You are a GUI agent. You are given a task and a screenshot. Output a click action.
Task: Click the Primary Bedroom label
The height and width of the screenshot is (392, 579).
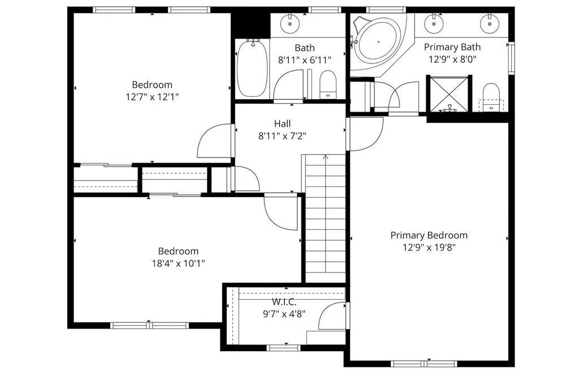pyautogui.click(x=429, y=235)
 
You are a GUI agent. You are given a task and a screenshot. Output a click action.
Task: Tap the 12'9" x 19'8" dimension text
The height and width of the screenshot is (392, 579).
pyautogui.click(x=429, y=247)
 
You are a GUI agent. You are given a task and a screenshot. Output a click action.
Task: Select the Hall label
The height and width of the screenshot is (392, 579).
pyautogui.click(x=282, y=123)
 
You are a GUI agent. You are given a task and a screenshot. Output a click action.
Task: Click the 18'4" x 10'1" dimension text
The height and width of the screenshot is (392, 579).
pyautogui.click(x=178, y=263)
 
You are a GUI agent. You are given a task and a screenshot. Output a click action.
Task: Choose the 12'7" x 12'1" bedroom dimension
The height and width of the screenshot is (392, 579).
pyautogui.click(x=152, y=97)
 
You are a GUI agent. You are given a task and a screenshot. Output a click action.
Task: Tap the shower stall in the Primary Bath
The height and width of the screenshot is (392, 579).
pyautogui.click(x=450, y=93)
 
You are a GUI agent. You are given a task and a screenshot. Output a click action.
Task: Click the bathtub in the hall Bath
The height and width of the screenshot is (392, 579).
pyautogui.click(x=252, y=68)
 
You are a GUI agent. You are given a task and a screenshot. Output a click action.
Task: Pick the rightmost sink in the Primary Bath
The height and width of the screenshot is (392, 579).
pyautogui.click(x=488, y=24)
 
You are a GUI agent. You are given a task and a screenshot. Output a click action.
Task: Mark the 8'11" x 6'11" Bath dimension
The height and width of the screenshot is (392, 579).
pyautogui.click(x=304, y=59)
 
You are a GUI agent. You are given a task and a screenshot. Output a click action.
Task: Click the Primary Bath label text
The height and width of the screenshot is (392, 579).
pyautogui.click(x=452, y=47)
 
